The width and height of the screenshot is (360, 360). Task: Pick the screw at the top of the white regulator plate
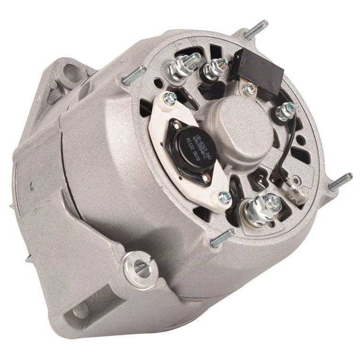point(168,100)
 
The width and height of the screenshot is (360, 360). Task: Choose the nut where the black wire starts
point(287,110)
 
